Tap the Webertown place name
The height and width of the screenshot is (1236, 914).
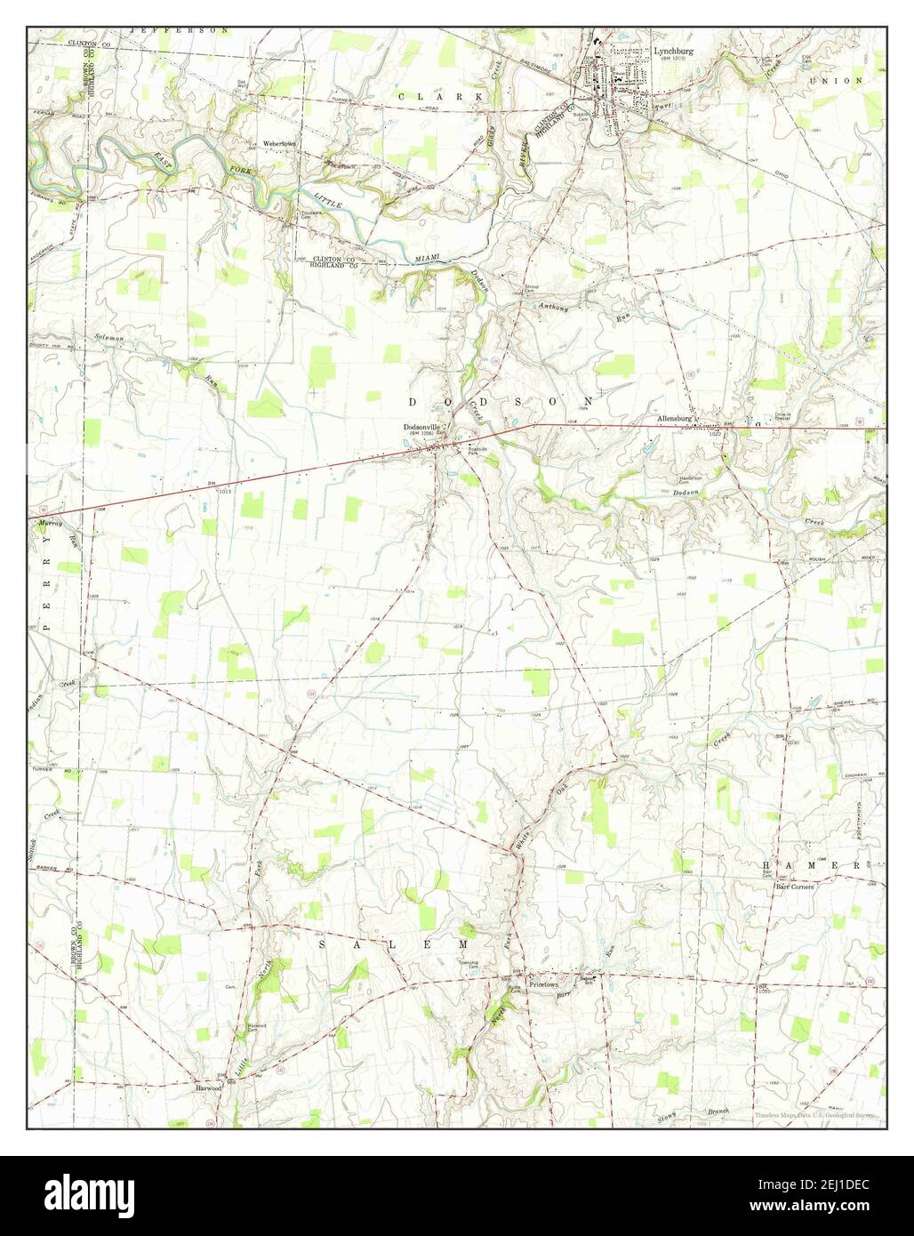278,144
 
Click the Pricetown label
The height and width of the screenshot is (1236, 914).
548,985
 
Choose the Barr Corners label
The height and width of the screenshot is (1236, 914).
794,886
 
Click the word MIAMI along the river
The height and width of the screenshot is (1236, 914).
429,259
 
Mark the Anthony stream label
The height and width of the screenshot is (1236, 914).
553,308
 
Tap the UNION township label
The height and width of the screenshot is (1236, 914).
848,81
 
